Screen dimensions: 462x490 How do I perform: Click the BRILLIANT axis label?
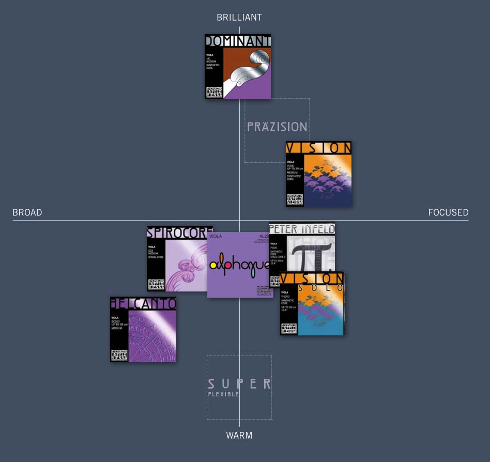[x=239, y=18]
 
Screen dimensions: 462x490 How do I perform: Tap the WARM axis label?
[x=239, y=436]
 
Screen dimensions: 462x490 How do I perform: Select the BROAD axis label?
[x=27, y=212]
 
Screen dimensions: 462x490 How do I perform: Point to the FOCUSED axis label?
[x=448, y=212]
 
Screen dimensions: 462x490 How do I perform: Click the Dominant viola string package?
[x=238, y=67]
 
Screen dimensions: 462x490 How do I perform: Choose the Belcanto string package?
[x=143, y=329]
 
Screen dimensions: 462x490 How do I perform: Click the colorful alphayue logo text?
[x=239, y=265]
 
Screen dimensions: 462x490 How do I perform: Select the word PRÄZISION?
[x=277, y=127]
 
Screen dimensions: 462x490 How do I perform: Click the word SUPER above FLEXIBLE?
[x=239, y=384]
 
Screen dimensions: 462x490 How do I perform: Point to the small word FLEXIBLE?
[x=223, y=394]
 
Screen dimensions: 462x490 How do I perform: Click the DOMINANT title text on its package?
[x=238, y=41]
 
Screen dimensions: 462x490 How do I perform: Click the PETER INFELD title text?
[x=302, y=228]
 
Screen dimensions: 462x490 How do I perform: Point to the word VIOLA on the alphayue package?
[x=216, y=237]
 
